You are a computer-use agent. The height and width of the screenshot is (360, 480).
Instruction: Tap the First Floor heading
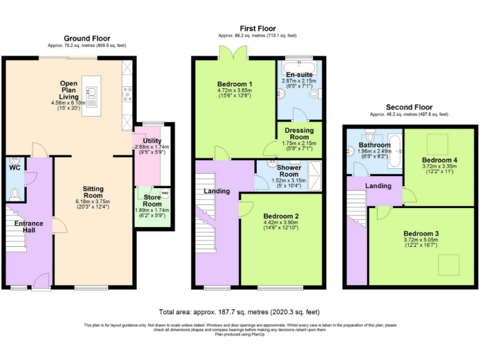pyautogui.click(x=257, y=29)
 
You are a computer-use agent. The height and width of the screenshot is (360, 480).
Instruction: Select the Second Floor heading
pyautogui.click(x=409, y=107)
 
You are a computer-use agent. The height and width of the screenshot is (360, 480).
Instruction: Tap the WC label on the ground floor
pyautogui.click(x=15, y=167)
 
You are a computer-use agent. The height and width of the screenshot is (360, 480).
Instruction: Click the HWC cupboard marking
pyautogui.click(x=165, y=193)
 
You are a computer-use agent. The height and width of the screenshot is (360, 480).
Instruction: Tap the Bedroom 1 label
pyautogui.click(x=235, y=84)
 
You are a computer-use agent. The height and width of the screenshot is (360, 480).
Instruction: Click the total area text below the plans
pyautogui.click(x=239, y=312)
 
